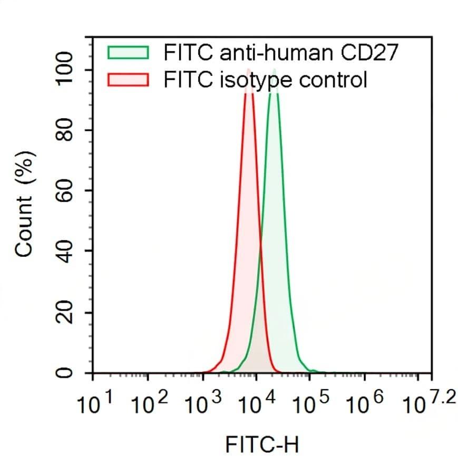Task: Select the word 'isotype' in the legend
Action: pos(251,80)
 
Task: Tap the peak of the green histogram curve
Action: pos(274,71)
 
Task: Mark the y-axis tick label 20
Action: pos(65,313)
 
